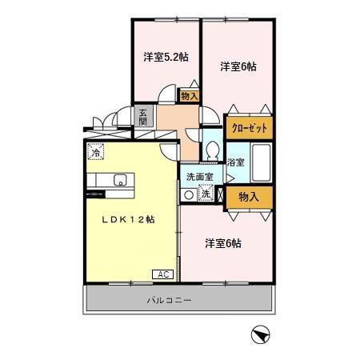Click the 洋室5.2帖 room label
(x=166, y=57)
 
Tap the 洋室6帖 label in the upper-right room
(x=238, y=67)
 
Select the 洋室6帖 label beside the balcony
(x=222, y=242)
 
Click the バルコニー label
(x=168, y=301)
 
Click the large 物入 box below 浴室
(x=250, y=196)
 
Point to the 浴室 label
(x=235, y=162)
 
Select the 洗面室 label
(x=198, y=177)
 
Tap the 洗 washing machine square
(x=206, y=194)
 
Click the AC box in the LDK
(x=162, y=274)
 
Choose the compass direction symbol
(x=260, y=336)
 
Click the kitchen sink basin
(x=120, y=179)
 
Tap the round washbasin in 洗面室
(x=189, y=194)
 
